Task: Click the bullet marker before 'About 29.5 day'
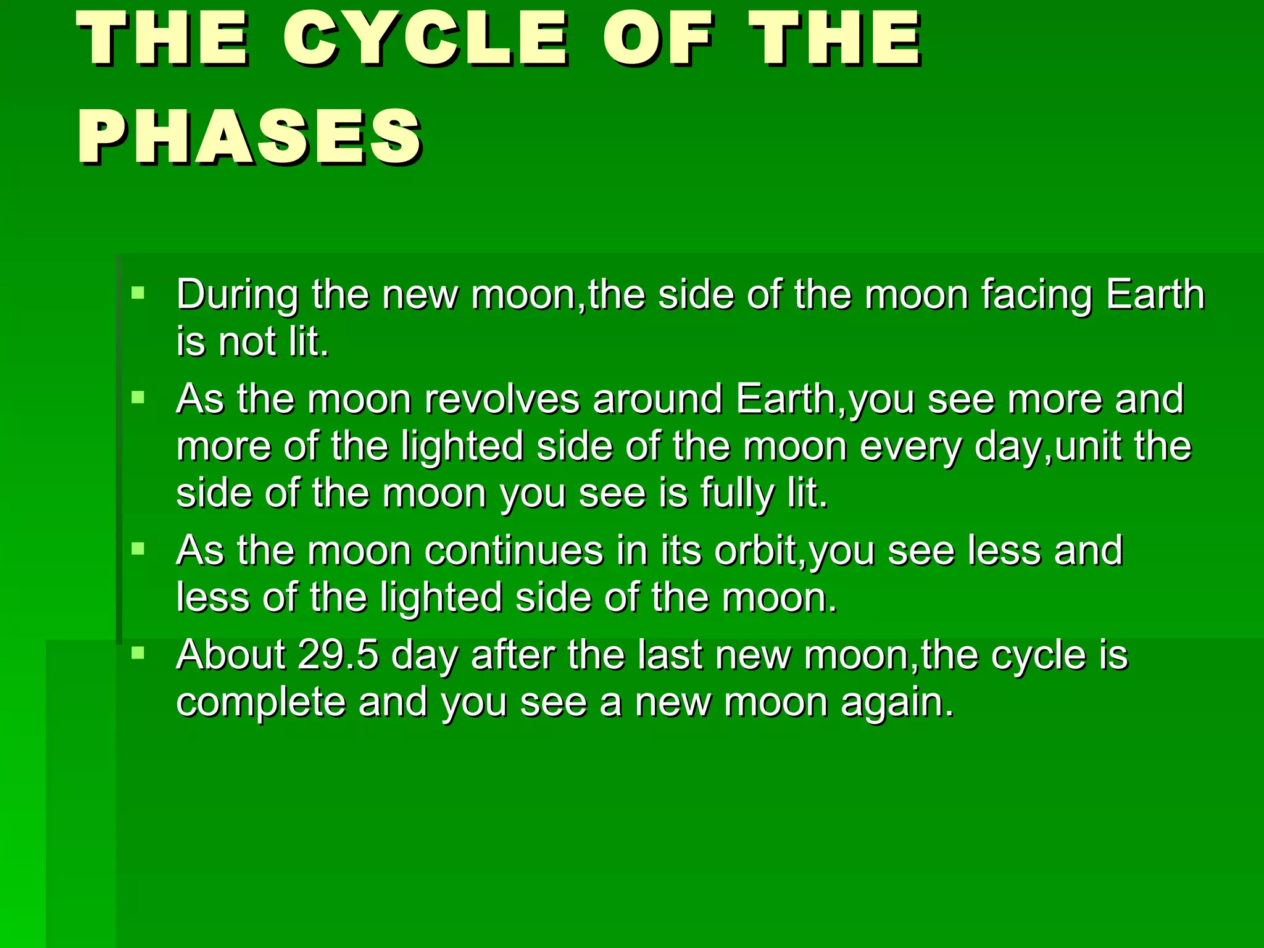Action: coord(138,652)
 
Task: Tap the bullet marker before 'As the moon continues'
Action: coord(138,548)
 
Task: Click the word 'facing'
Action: coord(1036,295)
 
